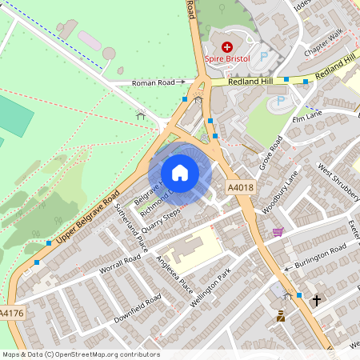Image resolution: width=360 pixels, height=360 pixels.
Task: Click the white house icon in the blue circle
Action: [180, 172]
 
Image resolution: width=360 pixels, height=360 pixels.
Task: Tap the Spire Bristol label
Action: [227, 59]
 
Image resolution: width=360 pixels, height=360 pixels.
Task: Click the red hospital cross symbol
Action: [226, 46]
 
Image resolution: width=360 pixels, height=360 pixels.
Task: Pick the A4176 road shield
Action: [12, 313]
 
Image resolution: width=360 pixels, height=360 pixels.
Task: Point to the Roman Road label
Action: [153, 82]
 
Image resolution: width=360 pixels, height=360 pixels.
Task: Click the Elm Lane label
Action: [306, 118]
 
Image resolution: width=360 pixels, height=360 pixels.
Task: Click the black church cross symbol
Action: [317, 301]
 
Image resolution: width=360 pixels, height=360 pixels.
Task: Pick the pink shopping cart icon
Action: [278, 232]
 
